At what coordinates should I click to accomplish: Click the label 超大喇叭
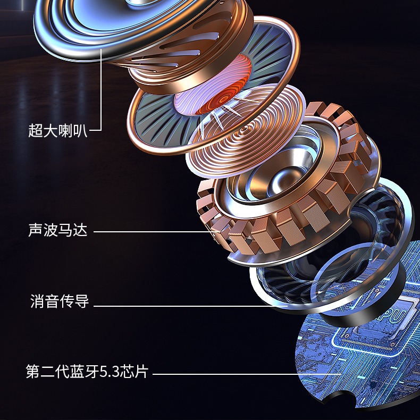57,130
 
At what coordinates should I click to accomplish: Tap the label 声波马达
57,231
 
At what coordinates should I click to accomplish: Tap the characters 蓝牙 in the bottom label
87,371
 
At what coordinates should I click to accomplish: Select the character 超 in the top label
36,130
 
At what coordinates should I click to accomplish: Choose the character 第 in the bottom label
32,371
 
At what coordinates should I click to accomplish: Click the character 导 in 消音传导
82,302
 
